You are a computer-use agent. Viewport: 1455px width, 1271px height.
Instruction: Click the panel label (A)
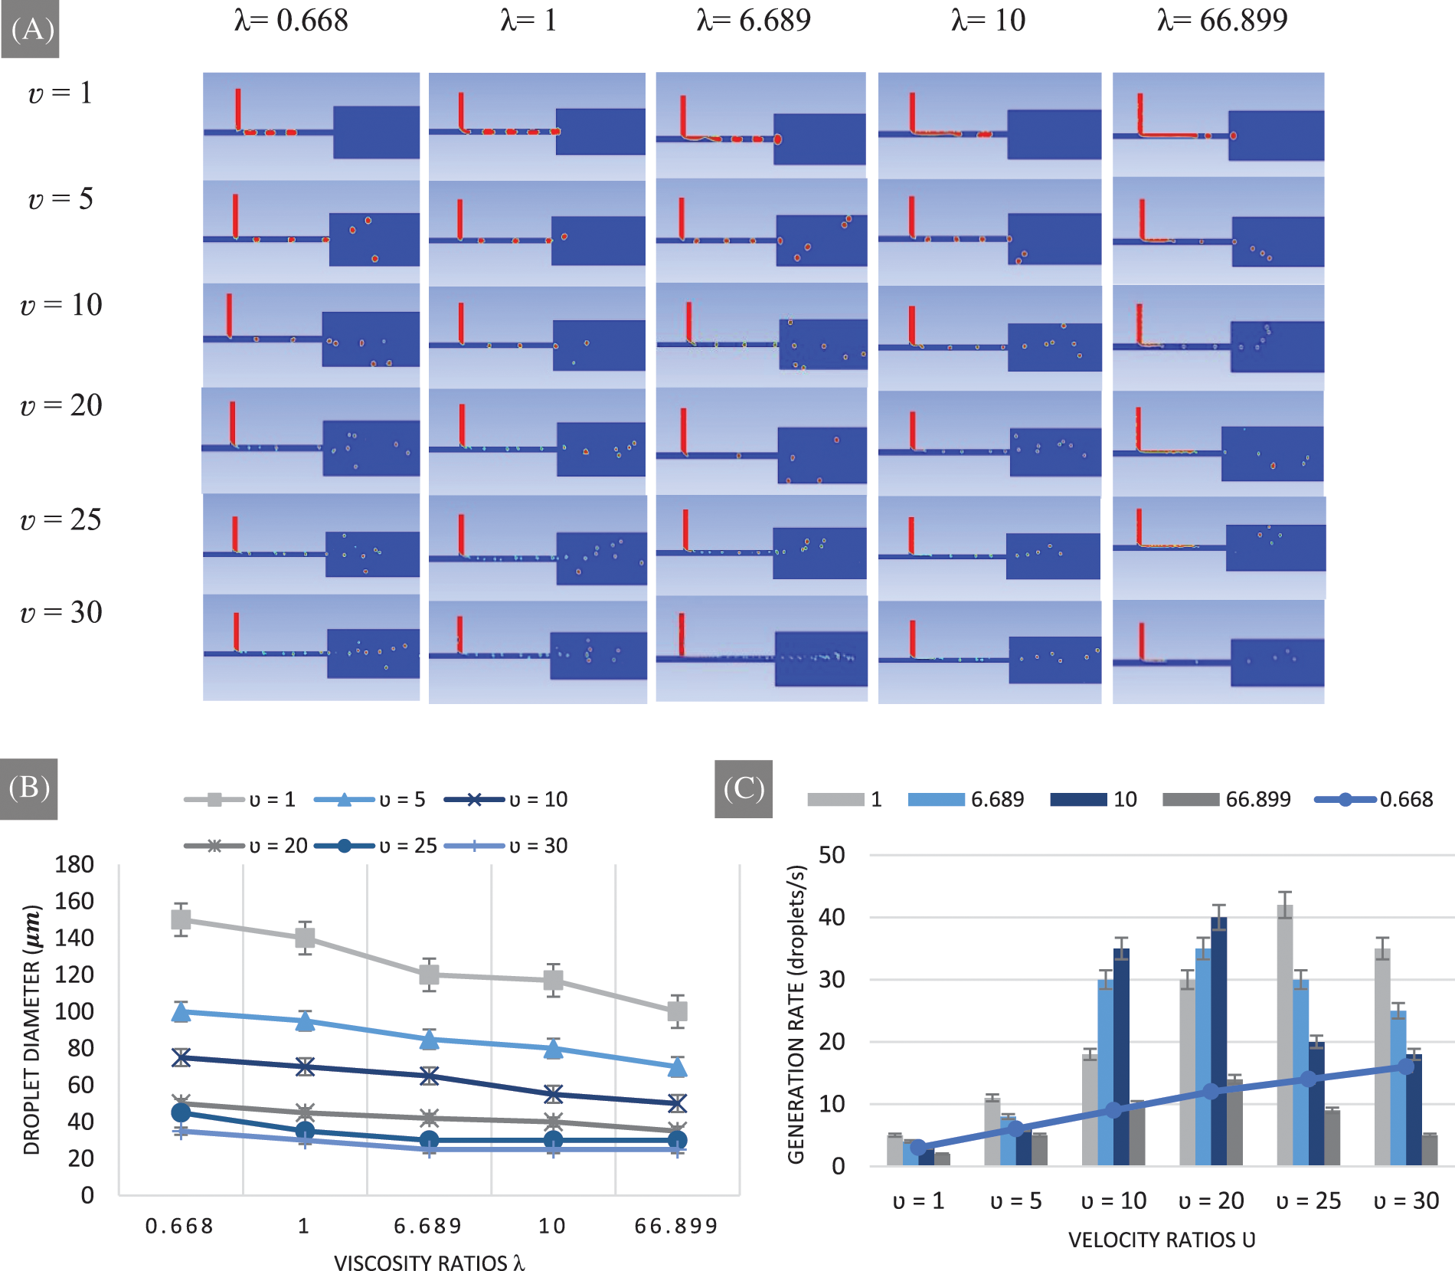tap(31, 29)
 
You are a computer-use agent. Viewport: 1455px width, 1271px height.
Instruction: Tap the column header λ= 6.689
tap(753, 21)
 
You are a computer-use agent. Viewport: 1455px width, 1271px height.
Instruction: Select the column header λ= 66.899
tap(1221, 21)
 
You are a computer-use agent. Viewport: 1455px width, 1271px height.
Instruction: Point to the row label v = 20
tap(61, 406)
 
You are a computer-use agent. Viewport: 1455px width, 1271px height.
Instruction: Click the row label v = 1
tap(60, 93)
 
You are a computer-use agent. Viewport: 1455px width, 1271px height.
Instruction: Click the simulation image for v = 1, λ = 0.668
tap(311, 126)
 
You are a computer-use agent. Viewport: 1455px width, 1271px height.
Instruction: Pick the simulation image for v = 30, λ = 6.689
tap(761, 650)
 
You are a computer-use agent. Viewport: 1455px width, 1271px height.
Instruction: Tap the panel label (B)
tap(29, 788)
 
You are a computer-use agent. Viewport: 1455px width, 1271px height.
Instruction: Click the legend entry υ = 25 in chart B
tap(376, 846)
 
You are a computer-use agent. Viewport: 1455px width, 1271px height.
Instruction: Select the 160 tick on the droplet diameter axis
tap(75, 901)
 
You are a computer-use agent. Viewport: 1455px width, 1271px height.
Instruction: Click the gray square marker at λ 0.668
tap(181, 919)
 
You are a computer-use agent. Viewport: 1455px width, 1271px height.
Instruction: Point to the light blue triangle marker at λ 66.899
tap(677, 1066)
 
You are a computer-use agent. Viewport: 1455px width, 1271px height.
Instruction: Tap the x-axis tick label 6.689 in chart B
tap(428, 1227)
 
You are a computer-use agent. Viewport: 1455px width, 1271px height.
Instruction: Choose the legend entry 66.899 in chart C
tap(1227, 800)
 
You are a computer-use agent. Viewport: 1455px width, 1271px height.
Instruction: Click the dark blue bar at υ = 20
tap(1218, 1042)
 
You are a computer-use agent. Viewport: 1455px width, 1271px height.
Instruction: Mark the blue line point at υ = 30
tap(1406, 1066)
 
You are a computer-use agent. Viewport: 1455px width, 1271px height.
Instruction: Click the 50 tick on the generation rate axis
tap(832, 855)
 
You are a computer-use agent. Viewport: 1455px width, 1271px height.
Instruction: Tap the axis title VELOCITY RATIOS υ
tap(1161, 1240)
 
